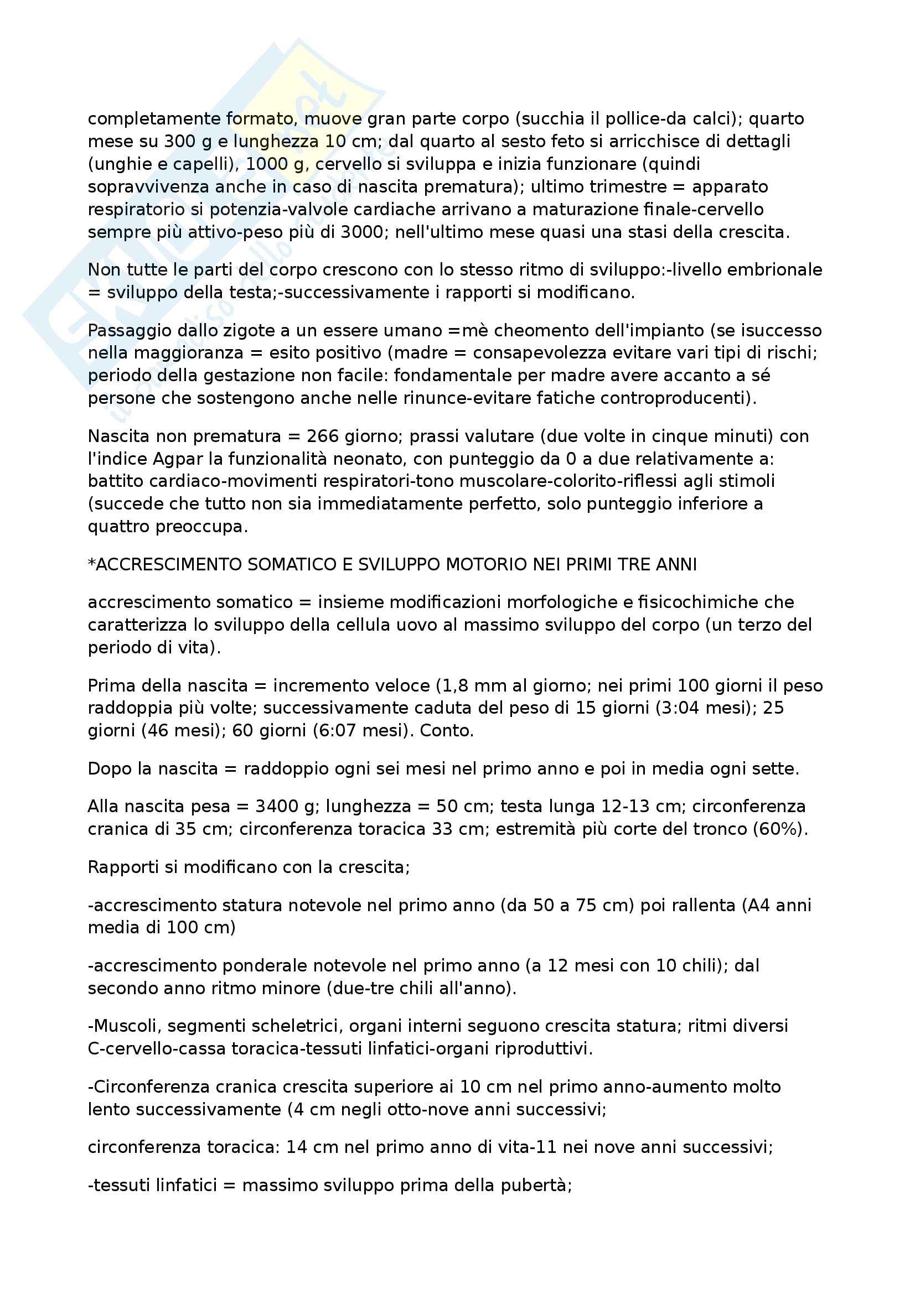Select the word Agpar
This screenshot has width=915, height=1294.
point(178,459)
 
